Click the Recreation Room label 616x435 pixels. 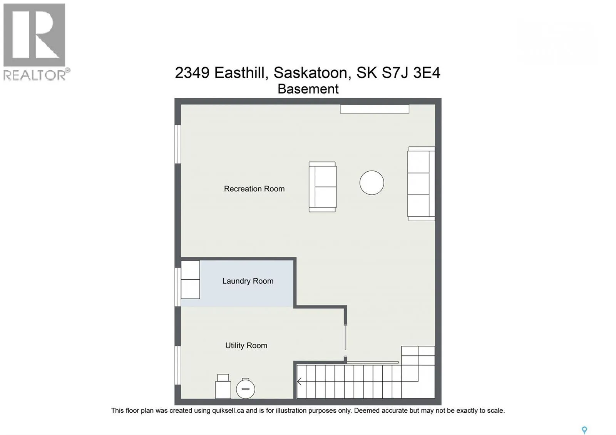tap(254, 189)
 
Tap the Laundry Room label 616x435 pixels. tap(248, 281)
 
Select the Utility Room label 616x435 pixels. tap(246, 345)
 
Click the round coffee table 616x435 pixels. tap(372, 182)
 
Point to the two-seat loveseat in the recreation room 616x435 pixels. tap(322, 187)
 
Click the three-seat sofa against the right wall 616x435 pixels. tap(421, 184)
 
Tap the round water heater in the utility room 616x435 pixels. tap(245, 389)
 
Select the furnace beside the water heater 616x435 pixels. tap(223, 386)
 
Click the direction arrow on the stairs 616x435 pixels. tap(300, 381)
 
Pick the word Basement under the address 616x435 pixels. tap(308, 89)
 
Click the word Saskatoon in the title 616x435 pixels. tap(312, 73)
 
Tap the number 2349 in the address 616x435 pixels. tap(192, 73)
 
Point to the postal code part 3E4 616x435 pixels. tap(427, 73)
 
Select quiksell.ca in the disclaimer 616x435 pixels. tap(228, 411)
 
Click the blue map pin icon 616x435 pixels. tap(584, 430)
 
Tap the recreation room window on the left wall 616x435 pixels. tap(177, 144)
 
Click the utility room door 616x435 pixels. tap(345, 337)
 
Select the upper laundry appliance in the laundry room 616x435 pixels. tap(190, 270)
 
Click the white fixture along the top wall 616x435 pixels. tap(375, 109)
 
